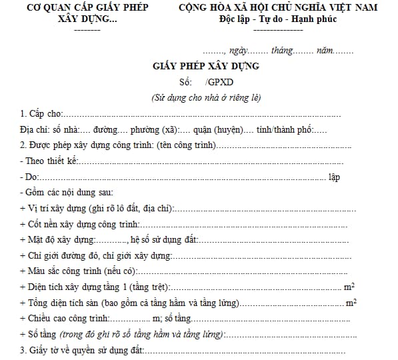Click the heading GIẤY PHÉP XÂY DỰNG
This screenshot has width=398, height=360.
[205, 66]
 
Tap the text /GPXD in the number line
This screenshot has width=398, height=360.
[217, 82]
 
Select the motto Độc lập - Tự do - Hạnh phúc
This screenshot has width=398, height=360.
[278, 19]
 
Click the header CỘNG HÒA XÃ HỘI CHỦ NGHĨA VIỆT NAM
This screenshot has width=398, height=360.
[278, 7]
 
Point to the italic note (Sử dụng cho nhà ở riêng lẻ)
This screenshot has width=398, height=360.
[206, 97]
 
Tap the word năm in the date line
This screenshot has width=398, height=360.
[325, 50]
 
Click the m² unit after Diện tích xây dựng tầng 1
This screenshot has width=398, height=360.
[349, 287]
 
